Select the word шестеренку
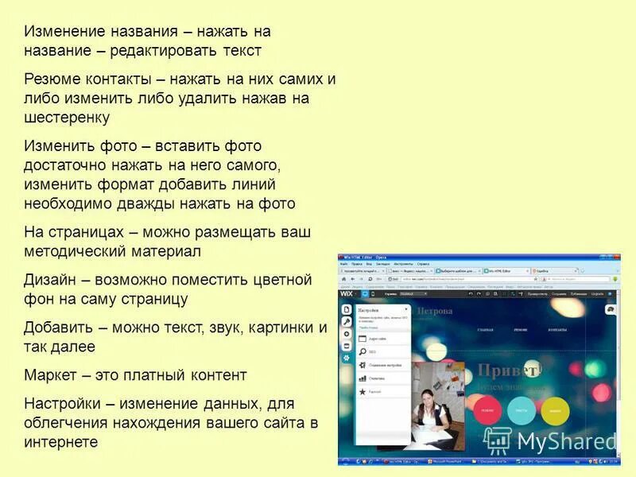click(x=67, y=118)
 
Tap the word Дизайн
click(x=50, y=281)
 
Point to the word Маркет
click(x=51, y=374)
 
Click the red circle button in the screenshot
click(x=487, y=411)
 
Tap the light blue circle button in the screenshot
click(x=522, y=411)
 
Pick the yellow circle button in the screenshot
click(x=555, y=411)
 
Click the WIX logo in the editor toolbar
click(x=347, y=293)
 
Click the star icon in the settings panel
click(x=363, y=392)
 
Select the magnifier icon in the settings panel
click(x=363, y=351)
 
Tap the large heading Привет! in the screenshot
click(x=509, y=370)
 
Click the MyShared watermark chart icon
click(x=498, y=440)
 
